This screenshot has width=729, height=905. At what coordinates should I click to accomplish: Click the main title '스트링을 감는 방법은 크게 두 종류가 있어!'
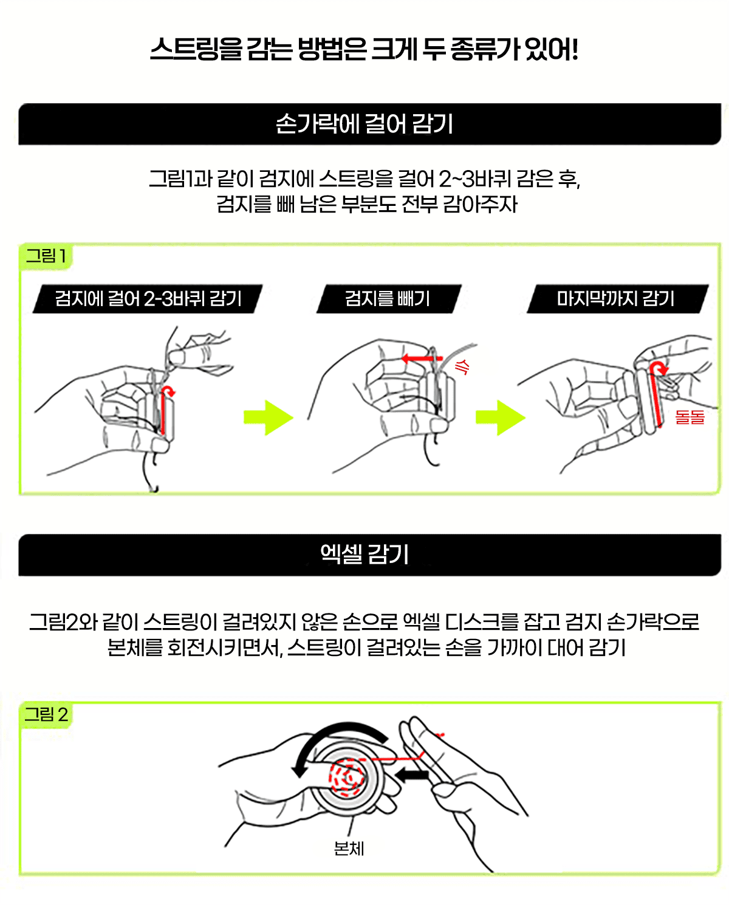[364, 49]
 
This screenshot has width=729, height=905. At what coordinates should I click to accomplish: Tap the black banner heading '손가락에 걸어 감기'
[364, 124]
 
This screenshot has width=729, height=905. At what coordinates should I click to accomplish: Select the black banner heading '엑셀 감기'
[364, 554]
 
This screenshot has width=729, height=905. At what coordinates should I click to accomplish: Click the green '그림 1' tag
[46, 256]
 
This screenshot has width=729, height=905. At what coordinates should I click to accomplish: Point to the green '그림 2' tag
[46, 714]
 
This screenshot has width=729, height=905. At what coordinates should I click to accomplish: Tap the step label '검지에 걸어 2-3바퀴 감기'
[148, 299]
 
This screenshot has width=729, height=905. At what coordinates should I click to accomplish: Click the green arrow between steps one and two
[269, 418]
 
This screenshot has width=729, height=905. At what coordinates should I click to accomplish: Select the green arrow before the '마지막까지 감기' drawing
[500, 418]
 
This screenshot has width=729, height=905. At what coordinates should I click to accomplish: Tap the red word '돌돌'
[690, 417]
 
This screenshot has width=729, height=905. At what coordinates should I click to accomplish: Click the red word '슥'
[462, 366]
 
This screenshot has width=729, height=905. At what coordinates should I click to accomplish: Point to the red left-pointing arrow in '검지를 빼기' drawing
[422, 359]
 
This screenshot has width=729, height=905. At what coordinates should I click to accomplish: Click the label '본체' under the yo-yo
[349, 849]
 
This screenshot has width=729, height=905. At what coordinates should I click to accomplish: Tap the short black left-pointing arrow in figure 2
[412, 774]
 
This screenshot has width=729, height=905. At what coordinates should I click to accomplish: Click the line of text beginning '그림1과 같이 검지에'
[364, 179]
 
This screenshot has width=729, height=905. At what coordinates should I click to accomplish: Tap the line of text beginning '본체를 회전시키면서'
[366, 647]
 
